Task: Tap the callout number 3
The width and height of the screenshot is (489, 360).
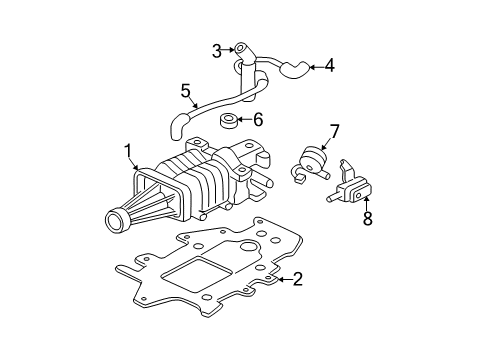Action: (216, 49)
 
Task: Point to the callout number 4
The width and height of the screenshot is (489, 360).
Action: (330, 67)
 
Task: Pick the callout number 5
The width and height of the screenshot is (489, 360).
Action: (186, 91)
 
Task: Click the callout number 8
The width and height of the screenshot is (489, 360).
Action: (367, 219)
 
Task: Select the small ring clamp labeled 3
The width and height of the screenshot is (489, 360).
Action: (240, 49)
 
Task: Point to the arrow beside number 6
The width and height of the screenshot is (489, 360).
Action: (244, 120)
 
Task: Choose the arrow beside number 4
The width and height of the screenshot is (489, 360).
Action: (315, 67)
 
